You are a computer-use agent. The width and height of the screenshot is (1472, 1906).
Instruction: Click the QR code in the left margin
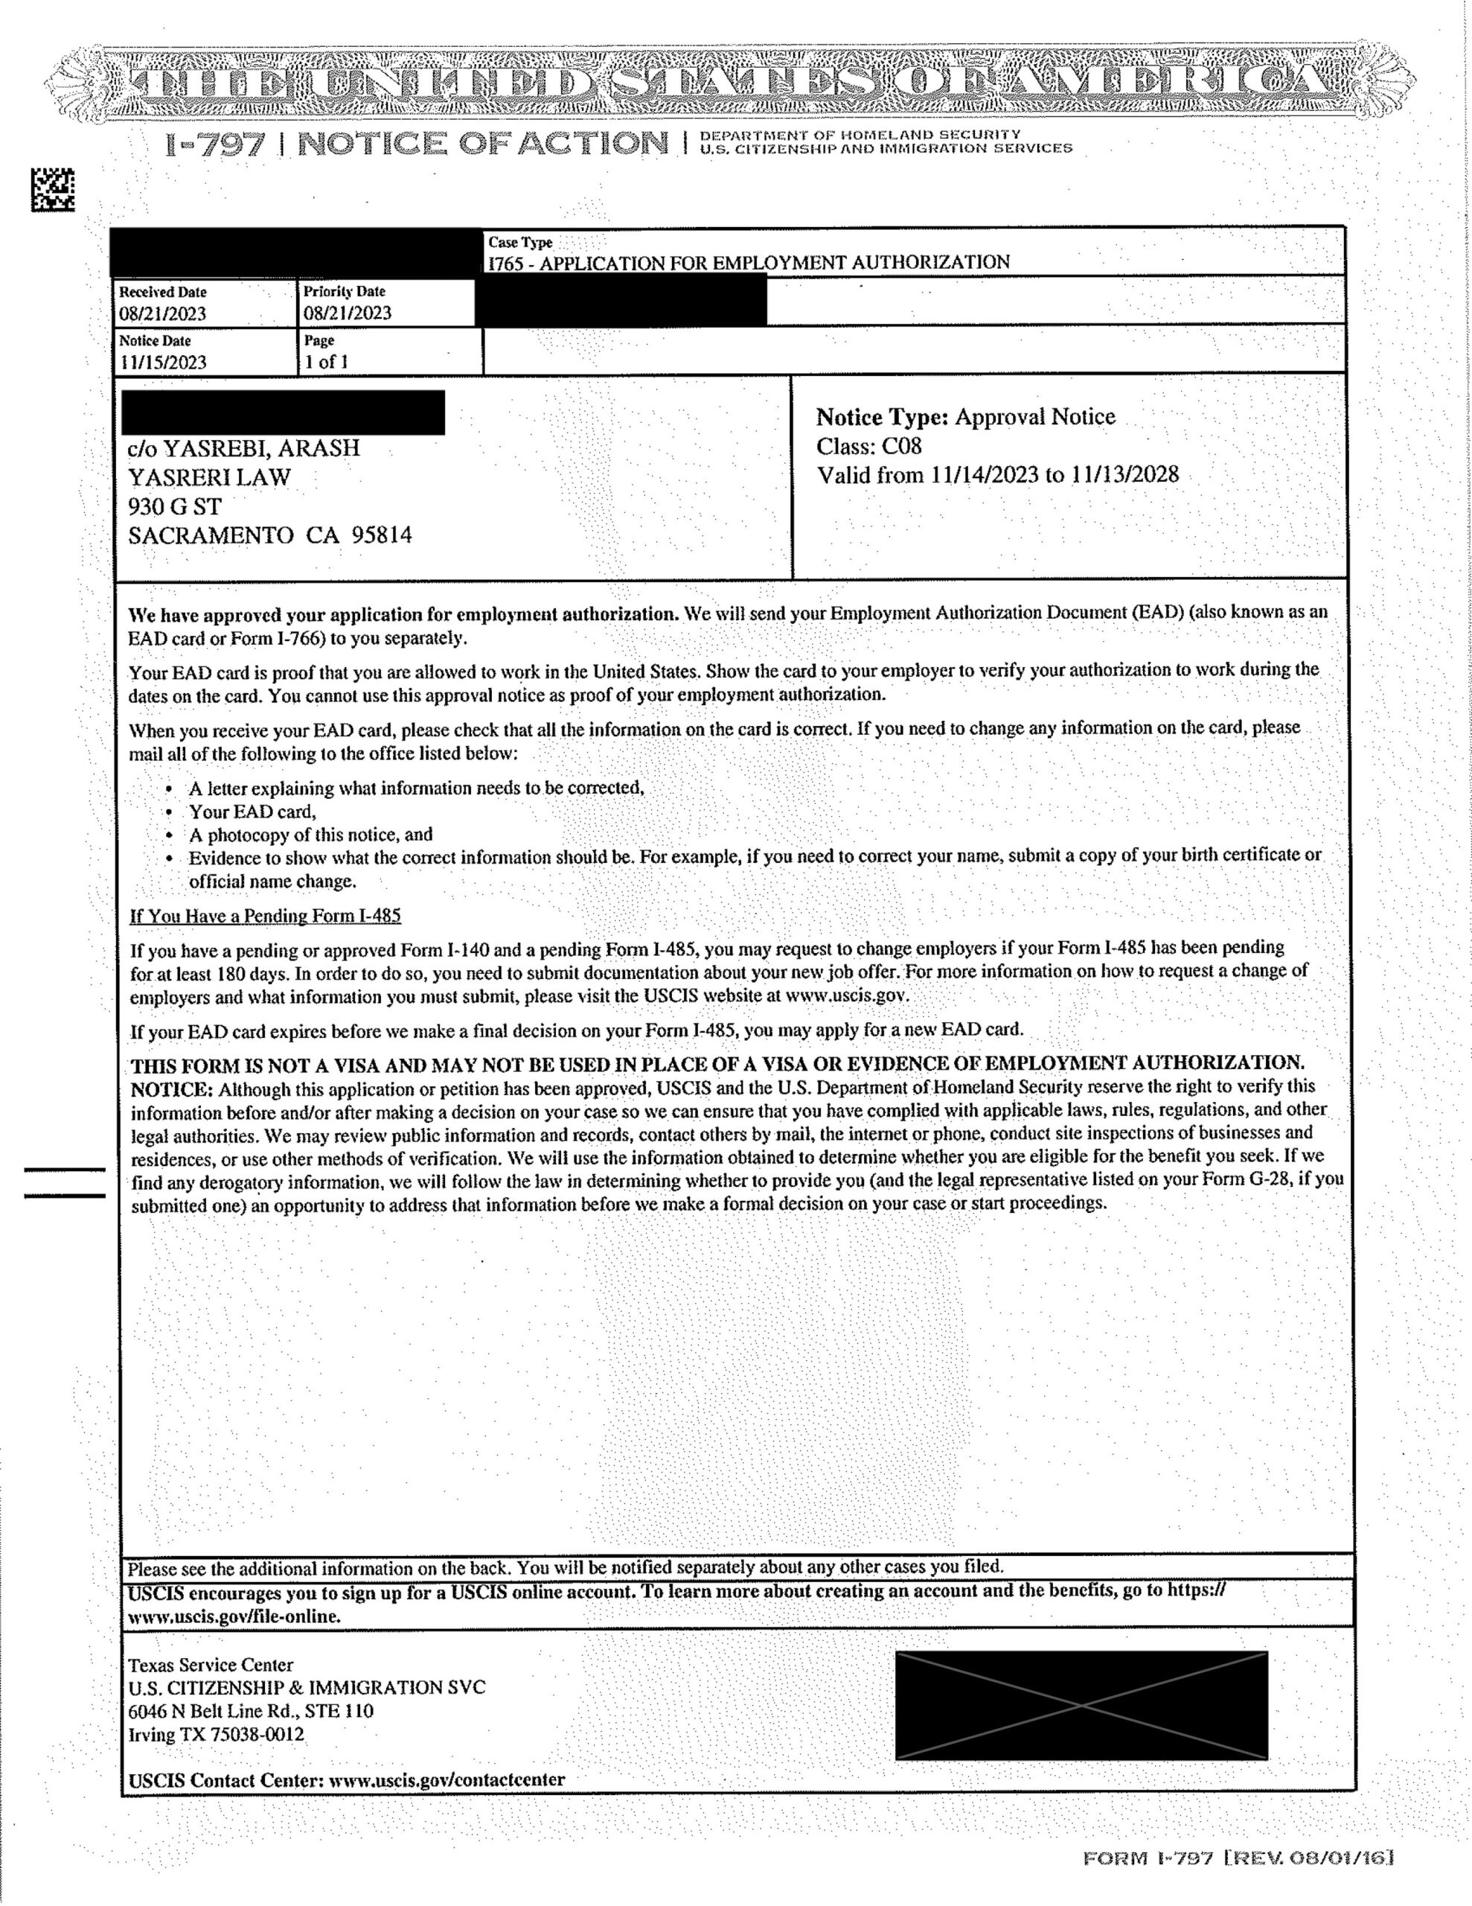(54, 189)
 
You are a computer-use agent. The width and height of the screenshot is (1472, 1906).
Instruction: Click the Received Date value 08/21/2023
(163, 314)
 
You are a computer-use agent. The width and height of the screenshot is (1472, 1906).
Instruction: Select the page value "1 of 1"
(327, 362)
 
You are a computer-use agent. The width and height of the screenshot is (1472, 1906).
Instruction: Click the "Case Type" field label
(520, 243)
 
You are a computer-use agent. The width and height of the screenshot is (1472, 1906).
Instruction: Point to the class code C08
(901, 447)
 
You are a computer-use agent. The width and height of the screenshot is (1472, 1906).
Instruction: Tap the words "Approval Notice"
(1035, 417)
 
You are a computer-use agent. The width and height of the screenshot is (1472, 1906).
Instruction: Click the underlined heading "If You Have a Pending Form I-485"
(265, 916)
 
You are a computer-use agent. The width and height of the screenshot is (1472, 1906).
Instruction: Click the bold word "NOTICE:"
(172, 1090)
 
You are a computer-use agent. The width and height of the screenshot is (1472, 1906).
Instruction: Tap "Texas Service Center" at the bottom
(211, 1665)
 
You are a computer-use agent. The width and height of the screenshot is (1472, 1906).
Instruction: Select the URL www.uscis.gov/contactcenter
(447, 1779)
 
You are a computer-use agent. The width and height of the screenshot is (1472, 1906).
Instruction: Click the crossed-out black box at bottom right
(1081, 1704)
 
